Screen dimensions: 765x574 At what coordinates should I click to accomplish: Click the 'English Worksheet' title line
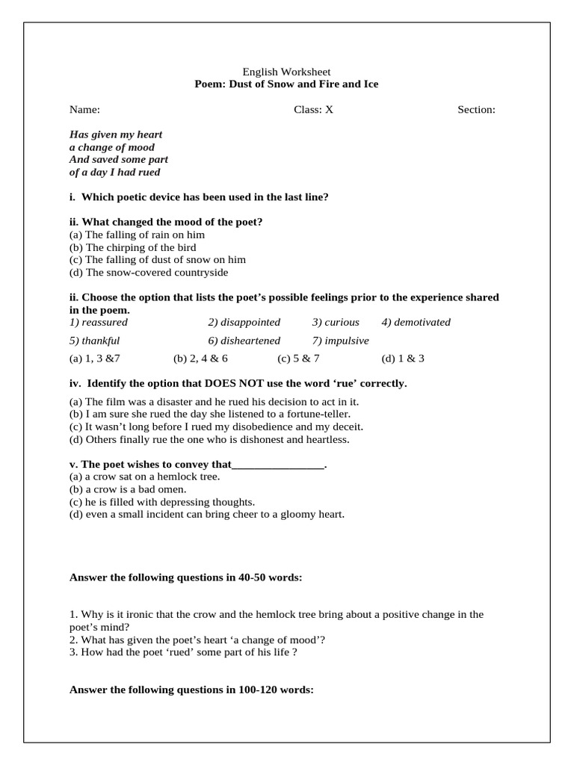point(287,72)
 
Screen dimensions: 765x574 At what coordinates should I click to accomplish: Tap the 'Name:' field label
point(84,110)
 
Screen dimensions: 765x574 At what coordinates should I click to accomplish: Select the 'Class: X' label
point(313,110)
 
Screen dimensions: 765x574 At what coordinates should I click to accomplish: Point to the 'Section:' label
point(476,110)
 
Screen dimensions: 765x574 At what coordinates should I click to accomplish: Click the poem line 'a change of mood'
point(111,147)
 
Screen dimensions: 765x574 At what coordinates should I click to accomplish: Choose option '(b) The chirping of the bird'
point(132,247)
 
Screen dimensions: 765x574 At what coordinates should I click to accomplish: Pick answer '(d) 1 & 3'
point(403,359)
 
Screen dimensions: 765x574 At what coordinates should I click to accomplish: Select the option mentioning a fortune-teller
point(209,413)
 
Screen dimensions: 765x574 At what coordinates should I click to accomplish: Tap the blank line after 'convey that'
point(279,464)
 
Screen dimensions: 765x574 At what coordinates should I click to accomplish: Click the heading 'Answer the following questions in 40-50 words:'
point(185,577)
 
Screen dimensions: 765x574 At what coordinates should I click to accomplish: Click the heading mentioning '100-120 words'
point(191,690)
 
